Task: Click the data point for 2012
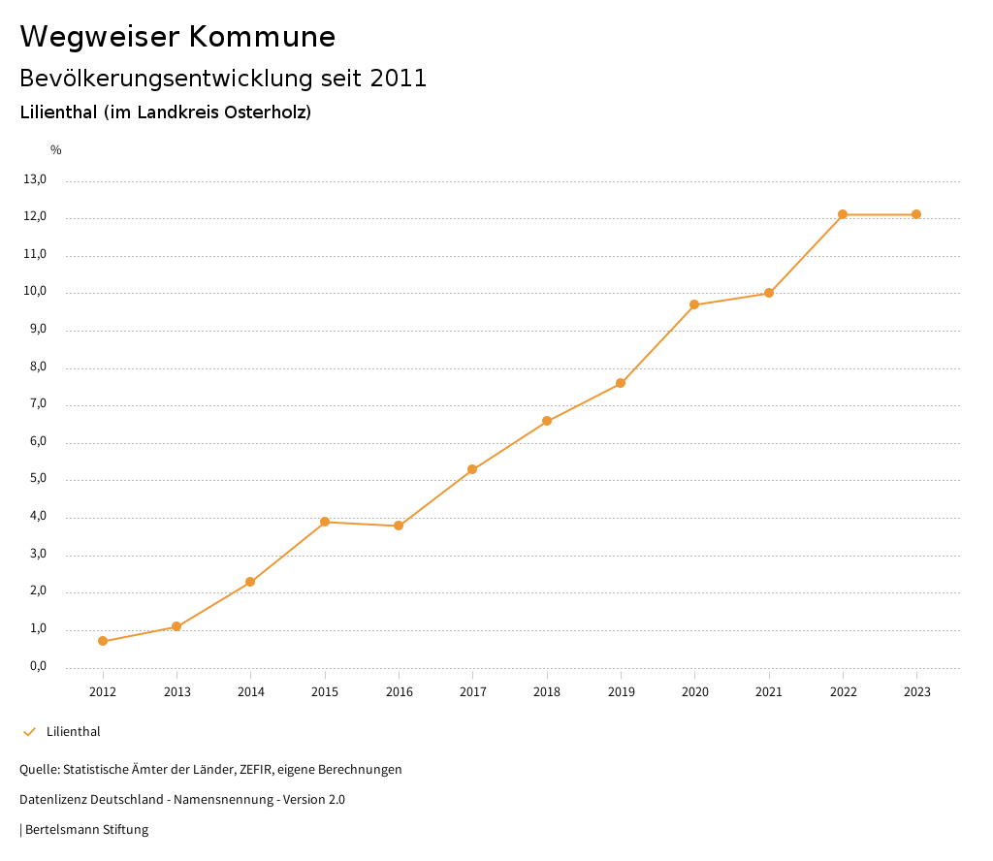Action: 103,641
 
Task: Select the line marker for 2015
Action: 325,522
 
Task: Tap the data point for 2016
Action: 399,526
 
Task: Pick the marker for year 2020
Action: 694,304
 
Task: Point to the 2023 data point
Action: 916,214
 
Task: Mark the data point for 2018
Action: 547,421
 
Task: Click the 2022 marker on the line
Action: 843,214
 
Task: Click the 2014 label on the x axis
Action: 251,692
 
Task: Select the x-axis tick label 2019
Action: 621,692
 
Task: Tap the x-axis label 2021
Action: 769,692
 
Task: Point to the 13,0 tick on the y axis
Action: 35,179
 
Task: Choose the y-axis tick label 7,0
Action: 37,404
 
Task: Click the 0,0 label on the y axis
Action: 37,667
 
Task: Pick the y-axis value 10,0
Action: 35,292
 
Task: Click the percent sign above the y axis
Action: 56,150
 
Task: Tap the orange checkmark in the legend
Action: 29,732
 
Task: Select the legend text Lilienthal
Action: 74,732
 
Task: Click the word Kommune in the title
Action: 262,37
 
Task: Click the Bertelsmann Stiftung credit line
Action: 85,830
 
